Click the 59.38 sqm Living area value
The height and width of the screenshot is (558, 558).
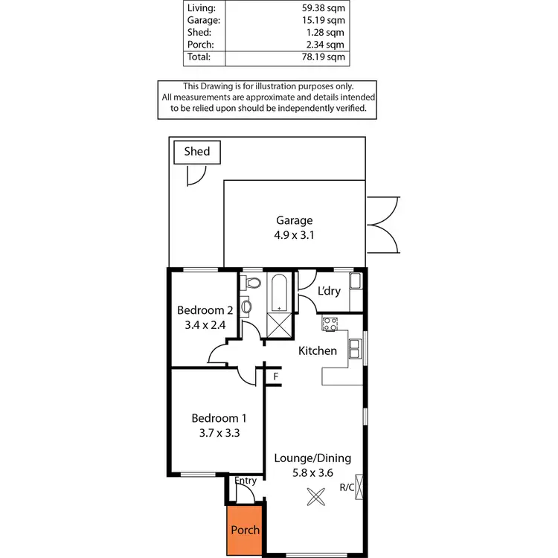[x=324, y=8]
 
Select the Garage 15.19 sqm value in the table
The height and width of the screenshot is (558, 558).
[x=324, y=20]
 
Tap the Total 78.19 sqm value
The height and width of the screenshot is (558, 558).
[x=324, y=57]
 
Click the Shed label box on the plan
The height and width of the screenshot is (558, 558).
[x=197, y=152]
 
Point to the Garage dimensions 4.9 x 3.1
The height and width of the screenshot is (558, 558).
[x=295, y=234]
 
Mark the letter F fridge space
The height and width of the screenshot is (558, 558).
[x=276, y=376]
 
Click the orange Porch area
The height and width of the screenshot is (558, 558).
[x=245, y=528]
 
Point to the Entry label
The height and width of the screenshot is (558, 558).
[x=246, y=481]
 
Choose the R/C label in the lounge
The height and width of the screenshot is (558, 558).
[x=347, y=488]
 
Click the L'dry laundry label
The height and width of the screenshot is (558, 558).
[x=329, y=291]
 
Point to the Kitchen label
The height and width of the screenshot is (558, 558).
[x=318, y=350]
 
